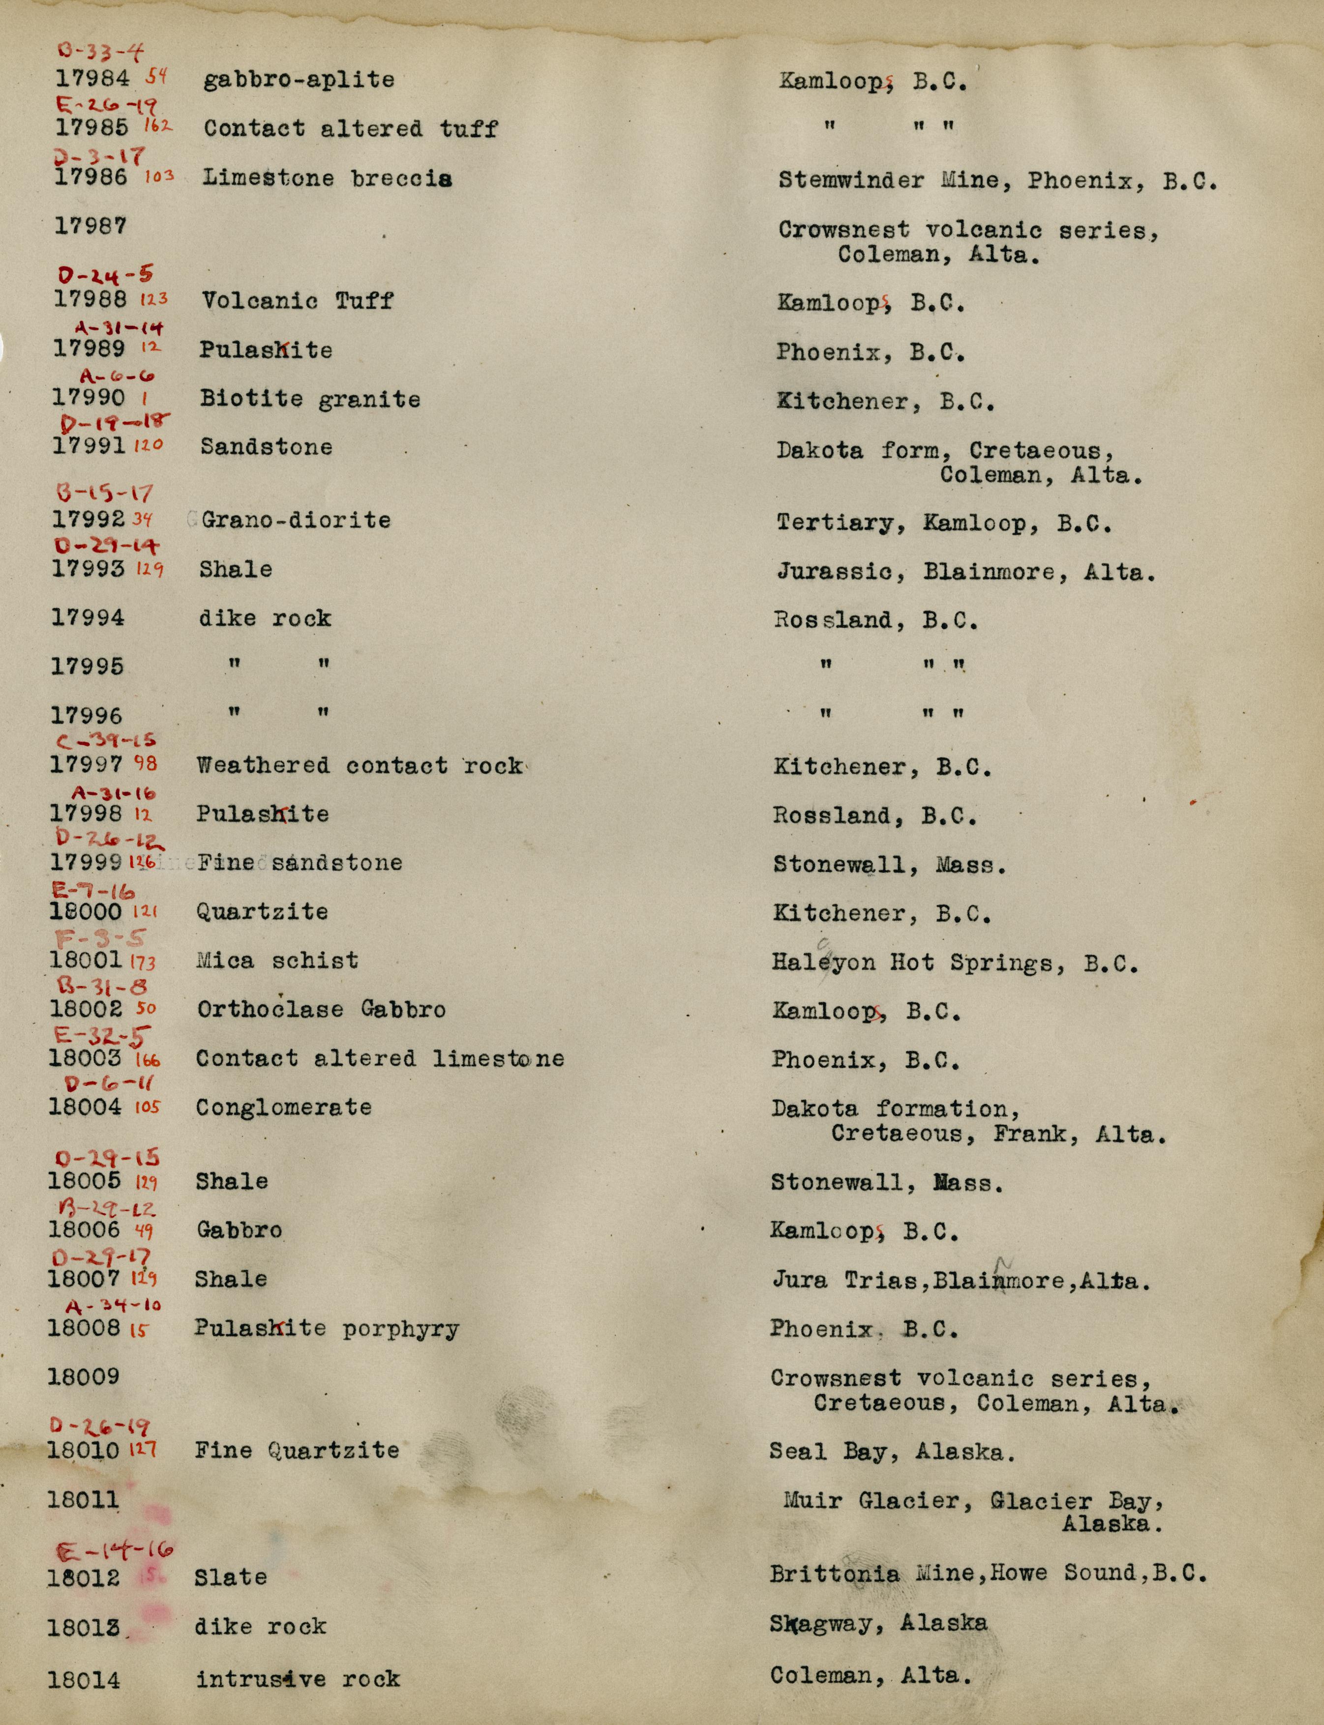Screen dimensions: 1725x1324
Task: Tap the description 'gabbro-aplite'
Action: tap(299, 80)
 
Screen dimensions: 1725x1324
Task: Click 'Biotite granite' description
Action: tap(310, 399)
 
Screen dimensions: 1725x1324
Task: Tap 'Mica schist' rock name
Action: tap(277, 960)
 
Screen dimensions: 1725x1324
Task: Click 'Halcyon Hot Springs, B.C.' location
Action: tap(954, 963)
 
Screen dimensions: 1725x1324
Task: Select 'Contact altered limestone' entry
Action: tap(380, 1058)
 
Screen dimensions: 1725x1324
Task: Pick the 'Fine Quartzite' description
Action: tap(297, 1450)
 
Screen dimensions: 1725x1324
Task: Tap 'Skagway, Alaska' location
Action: tap(878, 1623)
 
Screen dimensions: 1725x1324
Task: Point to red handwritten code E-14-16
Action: tap(115, 1551)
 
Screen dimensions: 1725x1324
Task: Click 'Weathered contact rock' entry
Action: tap(360, 765)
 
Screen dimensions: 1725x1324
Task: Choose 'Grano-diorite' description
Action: tap(296, 520)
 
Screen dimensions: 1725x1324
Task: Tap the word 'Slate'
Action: tap(231, 1577)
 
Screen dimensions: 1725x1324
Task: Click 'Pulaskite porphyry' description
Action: tap(327, 1329)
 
